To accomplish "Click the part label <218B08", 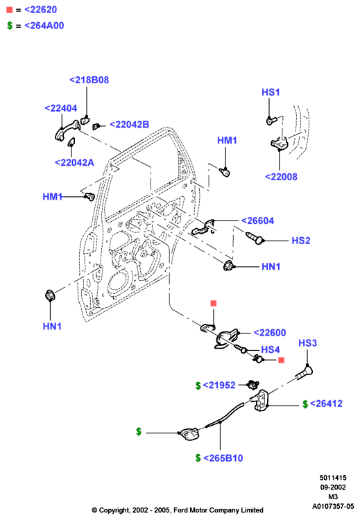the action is coord(89,80).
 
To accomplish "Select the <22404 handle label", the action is coord(61,108).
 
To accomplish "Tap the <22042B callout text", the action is coord(130,124).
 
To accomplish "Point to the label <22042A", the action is coord(74,162).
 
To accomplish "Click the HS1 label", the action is coord(271,92).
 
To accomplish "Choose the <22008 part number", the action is coord(281,177).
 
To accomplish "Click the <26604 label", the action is coord(257,220).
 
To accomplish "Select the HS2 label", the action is coord(301,241).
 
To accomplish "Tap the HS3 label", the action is coord(307,343).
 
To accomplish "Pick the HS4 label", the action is coord(271,349).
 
